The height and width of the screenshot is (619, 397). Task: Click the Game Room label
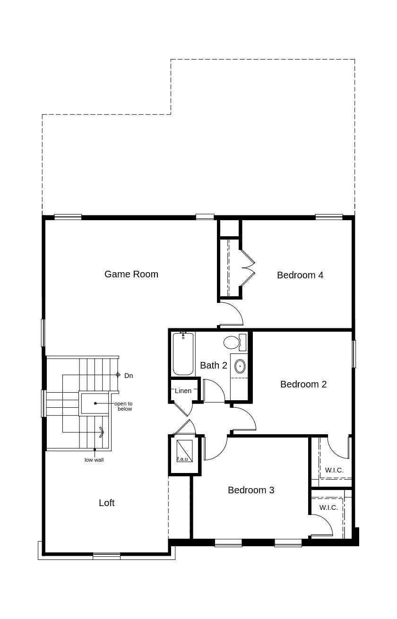pos(131,274)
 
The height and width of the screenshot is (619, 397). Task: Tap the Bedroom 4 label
pos(300,275)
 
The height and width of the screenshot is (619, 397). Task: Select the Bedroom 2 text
pos(303,384)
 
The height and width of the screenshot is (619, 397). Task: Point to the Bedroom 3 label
pos(250,490)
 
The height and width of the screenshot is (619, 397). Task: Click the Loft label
pos(106,503)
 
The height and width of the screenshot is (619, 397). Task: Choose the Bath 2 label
pos(213,365)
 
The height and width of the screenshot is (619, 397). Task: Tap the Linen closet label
pos(183,391)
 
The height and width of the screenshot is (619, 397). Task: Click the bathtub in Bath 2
pos(183,354)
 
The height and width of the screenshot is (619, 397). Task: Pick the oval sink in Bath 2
pos(240,366)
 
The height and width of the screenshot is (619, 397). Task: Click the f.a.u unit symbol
pos(184,451)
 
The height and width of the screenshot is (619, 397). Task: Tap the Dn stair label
pos(128,376)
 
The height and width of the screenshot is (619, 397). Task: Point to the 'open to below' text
pos(123,406)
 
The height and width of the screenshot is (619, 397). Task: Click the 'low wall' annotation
pos(94,460)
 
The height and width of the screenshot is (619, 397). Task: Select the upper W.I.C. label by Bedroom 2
pos(334,470)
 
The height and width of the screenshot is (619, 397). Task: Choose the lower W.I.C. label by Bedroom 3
pos(328,507)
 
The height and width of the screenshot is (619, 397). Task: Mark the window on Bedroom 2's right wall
pos(354,354)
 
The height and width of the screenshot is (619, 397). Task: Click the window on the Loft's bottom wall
pos(106,556)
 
